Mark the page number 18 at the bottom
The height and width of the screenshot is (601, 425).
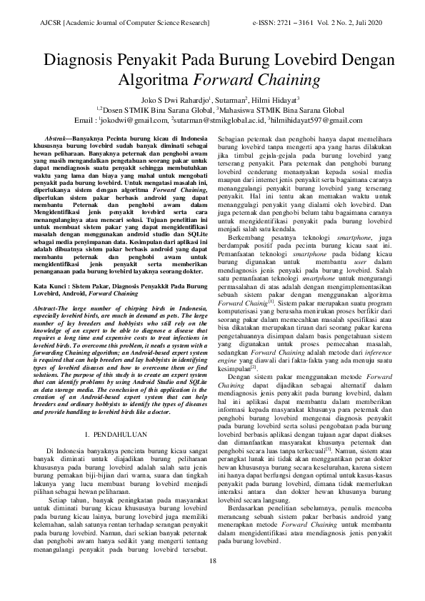pos(212,580)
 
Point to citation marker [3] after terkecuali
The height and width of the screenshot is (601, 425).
pos(327,430)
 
